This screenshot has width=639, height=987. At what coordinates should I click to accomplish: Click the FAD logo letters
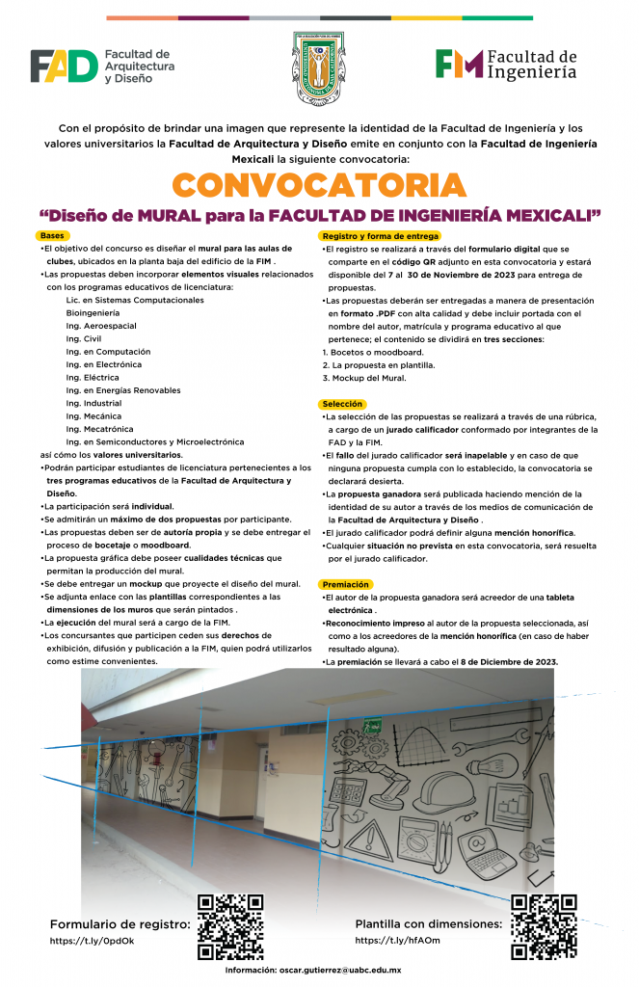pyautogui.click(x=64, y=67)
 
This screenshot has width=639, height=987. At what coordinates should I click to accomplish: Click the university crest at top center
pyautogui.click(x=318, y=68)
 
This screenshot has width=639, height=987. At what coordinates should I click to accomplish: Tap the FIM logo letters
pyautogui.click(x=458, y=64)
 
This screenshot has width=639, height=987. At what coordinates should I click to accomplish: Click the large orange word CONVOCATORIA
pyautogui.click(x=319, y=184)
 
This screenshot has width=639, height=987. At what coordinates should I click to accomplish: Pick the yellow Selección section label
pyautogui.click(x=342, y=404)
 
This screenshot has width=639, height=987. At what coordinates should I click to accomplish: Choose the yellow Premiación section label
pyautogui.click(x=346, y=585)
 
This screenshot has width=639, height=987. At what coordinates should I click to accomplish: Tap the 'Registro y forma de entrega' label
pyautogui.click(x=380, y=236)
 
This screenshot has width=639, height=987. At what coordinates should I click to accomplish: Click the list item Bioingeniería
pyautogui.click(x=93, y=313)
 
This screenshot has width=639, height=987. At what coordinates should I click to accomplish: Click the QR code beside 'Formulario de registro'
pyautogui.click(x=229, y=927)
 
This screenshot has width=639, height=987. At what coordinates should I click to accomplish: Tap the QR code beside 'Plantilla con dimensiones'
pyautogui.click(x=544, y=927)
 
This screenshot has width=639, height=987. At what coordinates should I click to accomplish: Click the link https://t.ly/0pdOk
pyautogui.click(x=93, y=941)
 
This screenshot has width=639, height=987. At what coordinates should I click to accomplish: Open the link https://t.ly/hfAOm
pyautogui.click(x=397, y=941)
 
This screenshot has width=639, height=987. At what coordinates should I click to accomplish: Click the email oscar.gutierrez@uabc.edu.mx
pyautogui.click(x=340, y=971)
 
